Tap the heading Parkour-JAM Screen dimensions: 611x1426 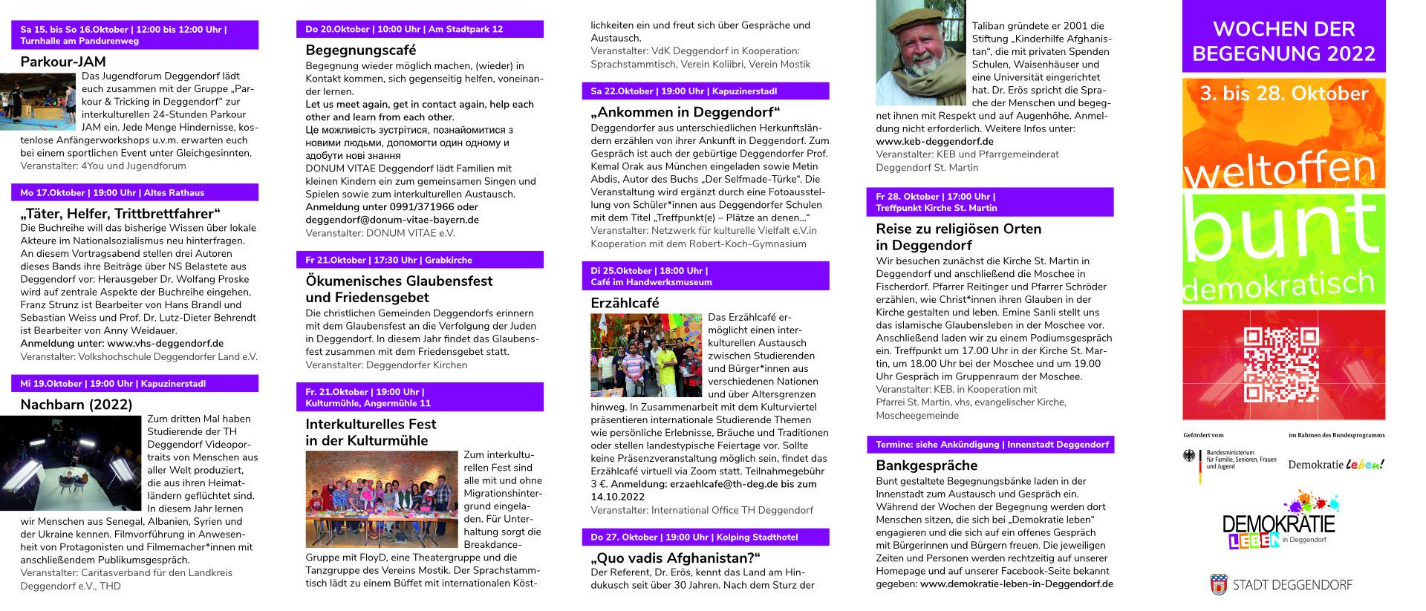[x=63, y=62]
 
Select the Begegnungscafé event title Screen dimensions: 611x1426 [x=361, y=50]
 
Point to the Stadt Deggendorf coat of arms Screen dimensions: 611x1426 [x=1218, y=584]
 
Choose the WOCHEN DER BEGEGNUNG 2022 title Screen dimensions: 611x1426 [x=1283, y=41]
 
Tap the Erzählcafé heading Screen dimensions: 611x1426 [x=625, y=303]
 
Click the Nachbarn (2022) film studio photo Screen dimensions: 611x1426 [x=71, y=463]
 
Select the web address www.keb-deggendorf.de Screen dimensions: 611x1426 [x=934, y=141]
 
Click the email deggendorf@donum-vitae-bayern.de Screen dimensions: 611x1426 [x=392, y=220]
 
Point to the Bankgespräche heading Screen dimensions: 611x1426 [x=926, y=465]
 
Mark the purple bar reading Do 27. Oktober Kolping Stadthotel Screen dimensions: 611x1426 [x=705, y=537]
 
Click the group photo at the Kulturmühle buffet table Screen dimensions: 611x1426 [x=381, y=499]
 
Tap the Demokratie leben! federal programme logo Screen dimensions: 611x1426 [x=1335, y=465]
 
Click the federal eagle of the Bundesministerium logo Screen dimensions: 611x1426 [x=1190, y=457]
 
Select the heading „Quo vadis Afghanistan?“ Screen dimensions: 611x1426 [x=676, y=558]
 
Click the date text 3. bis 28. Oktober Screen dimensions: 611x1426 [x=1283, y=94]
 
